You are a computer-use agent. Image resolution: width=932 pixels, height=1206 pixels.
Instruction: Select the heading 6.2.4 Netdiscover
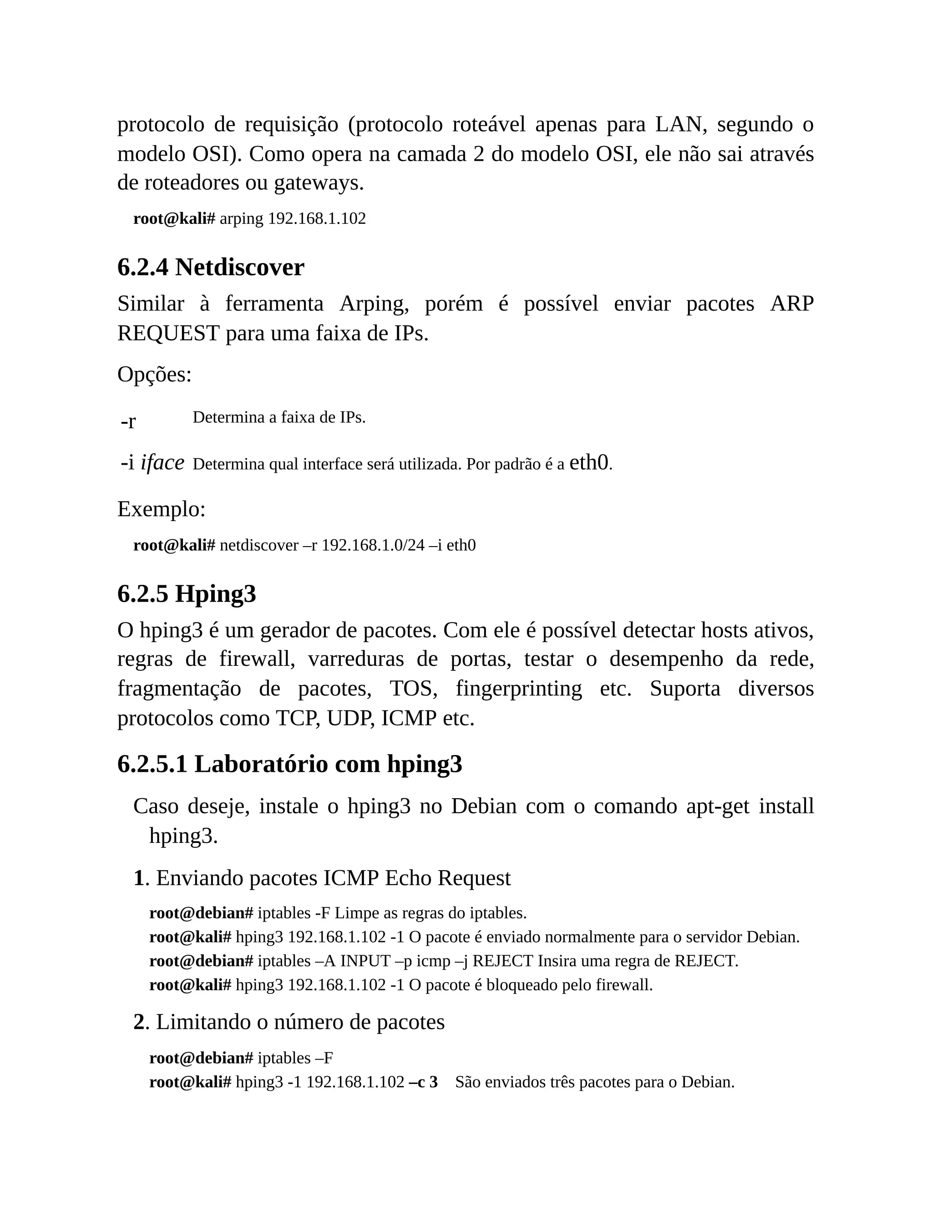(x=210, y=268)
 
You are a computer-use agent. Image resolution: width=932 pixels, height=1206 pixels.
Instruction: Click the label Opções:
(x=155, y=375)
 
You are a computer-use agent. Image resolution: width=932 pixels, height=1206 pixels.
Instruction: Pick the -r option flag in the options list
(x=128, y=421)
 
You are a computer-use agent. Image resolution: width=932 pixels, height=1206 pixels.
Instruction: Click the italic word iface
(x=162, y=463)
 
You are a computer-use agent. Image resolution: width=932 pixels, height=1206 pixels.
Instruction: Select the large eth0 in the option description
(x=588, y=462)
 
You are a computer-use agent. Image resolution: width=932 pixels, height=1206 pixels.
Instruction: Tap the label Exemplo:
(x=161, y=509)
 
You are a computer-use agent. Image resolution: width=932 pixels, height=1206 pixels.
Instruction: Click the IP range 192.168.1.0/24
(x=373, y=546)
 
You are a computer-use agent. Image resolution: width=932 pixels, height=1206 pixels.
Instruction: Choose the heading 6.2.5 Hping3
(x=187, y=594)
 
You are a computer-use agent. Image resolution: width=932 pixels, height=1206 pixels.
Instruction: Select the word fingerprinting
(x=518, y=689)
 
